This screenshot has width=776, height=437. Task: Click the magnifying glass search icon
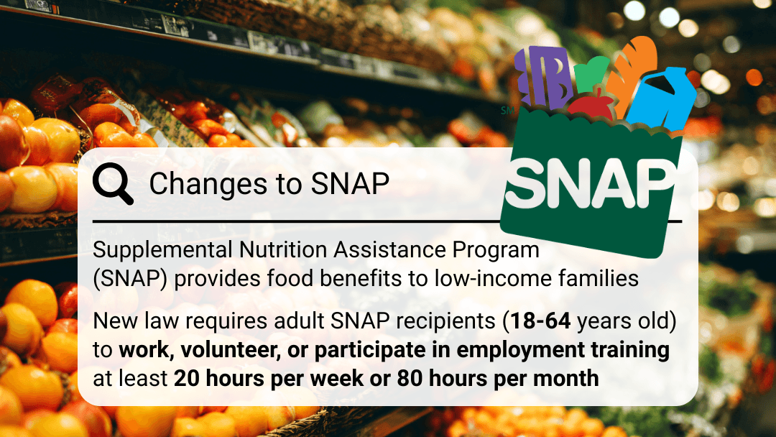[x=112, y=183]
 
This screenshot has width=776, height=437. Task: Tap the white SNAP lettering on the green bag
[x=590, y=185]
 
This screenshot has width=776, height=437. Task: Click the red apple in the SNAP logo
[x=591, y=103]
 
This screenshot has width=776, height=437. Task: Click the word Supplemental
[x=162, y=250]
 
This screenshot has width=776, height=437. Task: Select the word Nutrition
[x=283, y=249]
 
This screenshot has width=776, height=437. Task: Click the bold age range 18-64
[x=540, y=321]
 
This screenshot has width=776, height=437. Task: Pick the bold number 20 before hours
[x=186, y=379]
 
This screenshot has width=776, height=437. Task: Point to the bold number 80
[x=410, y=379]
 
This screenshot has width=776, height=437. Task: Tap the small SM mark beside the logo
[x=507, y=111]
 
